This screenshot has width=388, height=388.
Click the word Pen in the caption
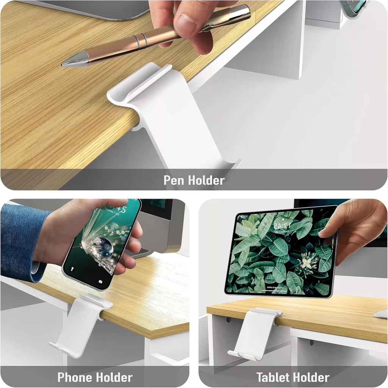[x=173, y=180]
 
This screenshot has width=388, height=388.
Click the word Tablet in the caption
[x=274, y=377]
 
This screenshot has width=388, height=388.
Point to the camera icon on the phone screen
[x=100, y=282]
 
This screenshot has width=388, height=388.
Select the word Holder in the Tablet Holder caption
[x=311, y=377]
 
